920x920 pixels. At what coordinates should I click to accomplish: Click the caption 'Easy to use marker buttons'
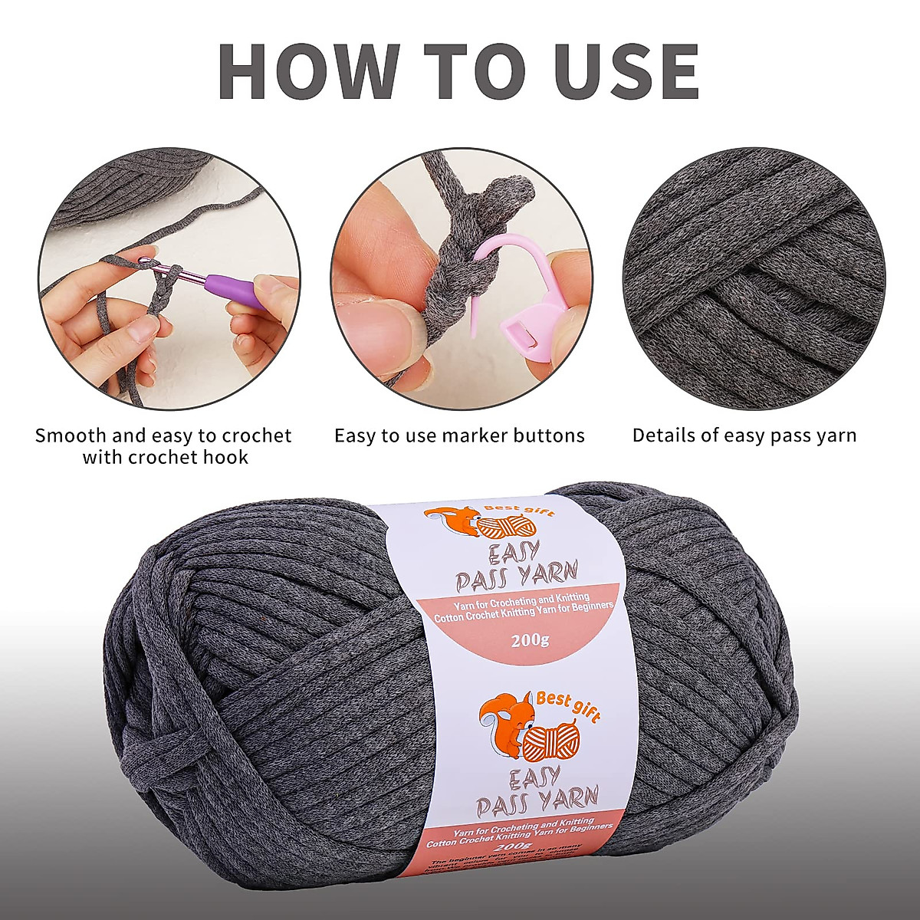point(459,436)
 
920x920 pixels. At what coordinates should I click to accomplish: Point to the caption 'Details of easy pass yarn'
point(744,436)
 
